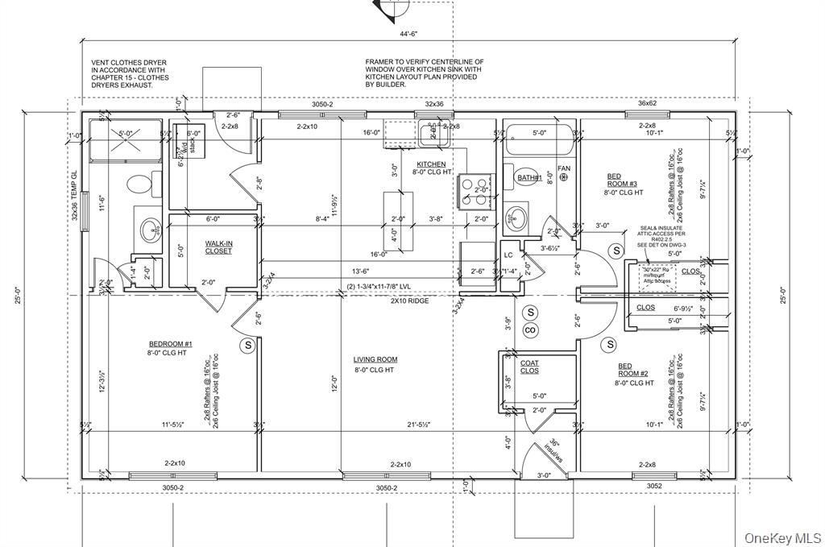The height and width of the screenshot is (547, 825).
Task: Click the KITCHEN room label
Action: tap(431, 164)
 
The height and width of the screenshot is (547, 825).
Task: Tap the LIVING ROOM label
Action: tap(375, 360)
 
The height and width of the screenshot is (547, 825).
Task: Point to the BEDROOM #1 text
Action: tap(171, 343)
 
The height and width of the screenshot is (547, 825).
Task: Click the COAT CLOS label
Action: tap(529, 367)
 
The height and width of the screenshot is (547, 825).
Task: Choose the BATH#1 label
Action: tap(529, 177)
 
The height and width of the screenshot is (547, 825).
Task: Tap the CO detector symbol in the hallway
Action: tap(530, 330)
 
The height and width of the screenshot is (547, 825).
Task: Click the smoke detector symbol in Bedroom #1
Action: tap(246, 345)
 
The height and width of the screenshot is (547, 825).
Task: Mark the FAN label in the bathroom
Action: tap(564, 168)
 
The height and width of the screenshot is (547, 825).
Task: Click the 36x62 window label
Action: tap(648, 102)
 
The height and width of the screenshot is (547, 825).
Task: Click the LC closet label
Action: tap(508, 255)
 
